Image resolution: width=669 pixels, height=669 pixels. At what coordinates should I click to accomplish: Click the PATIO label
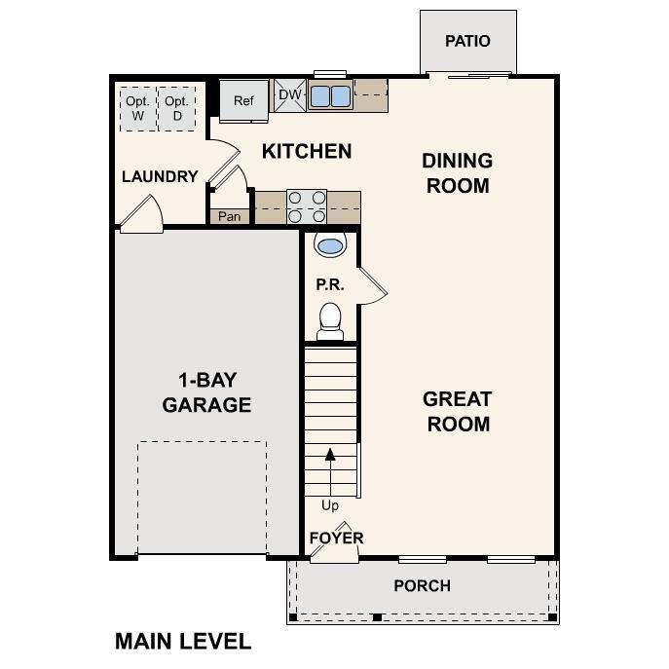[x=467, y=41]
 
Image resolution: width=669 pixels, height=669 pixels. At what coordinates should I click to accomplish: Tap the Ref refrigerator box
[x=242, y=100]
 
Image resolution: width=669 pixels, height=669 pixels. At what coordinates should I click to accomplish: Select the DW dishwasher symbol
[x=290, y=94]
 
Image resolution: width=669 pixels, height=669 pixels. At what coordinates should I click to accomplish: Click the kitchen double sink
[x=330, y=95]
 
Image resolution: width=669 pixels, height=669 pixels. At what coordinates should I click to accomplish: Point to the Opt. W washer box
[x=138, y=108]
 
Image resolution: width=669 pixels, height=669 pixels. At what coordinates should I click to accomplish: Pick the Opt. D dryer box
[x=177, y=108]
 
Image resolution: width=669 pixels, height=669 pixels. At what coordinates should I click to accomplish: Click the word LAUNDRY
[x=160, y=176]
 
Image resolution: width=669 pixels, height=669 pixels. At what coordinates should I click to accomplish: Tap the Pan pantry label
[x=229, y=216]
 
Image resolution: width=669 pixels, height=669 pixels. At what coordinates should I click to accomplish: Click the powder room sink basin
[x=330, y=245]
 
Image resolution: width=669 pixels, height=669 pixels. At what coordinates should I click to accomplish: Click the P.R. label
[x=326, y=284]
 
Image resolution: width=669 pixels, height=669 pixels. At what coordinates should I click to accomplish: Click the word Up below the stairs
[x=330, y=505]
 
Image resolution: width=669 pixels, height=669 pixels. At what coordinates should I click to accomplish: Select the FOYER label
[x=336, y=538]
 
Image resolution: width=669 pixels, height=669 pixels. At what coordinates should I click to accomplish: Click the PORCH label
[x=422, y=585]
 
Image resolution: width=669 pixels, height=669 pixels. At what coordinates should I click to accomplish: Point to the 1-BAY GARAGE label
[x=206, y=391]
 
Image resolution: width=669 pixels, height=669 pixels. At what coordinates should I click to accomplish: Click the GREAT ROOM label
[x=457, y=411]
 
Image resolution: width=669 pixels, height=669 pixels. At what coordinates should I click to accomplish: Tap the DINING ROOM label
[x=457, y=172]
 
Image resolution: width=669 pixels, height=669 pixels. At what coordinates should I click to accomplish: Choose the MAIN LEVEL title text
[x=183, y=641]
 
